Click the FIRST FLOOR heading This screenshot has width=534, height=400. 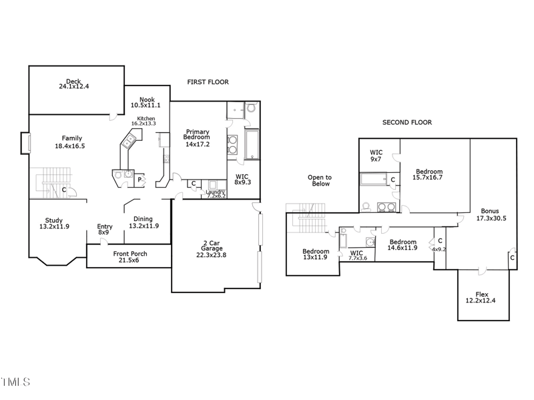pyautogui.click(x=208, y=82)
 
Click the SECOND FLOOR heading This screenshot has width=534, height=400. pyautogui.click(x=407, y=122)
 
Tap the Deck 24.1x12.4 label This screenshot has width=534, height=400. pyautogui.click(x=73, y=83)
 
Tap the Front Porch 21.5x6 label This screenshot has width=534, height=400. pyautogui.click(x=129, y=258)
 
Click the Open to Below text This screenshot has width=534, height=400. pyautogui.click(x=319, y=180)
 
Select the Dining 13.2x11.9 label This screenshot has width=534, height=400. pyautogui.click(x=143, y=222)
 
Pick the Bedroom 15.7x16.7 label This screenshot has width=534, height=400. pyautogui.click(x=428, y=174)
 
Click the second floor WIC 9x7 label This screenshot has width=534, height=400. pyautogui.click(x=376, y=156)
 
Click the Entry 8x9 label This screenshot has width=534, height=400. pyautogui.click(x=104, y=229)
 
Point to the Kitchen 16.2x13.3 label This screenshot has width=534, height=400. pyautogui.click(x=143, y=121)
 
